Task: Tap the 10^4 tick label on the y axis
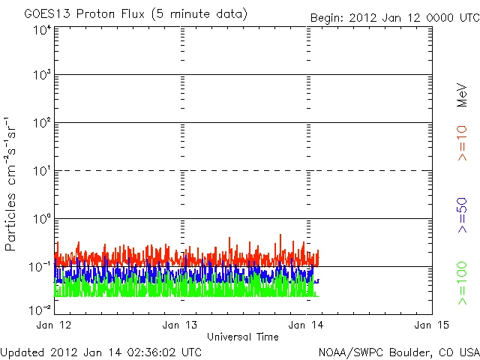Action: tap(41, 30)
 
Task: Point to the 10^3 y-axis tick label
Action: tap(41, 75)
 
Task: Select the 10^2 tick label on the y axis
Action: tap(41, 122)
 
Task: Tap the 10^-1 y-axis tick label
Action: tap(40, 266)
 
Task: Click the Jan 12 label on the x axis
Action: tap(53, 325)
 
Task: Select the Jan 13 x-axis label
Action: tap(181, 325)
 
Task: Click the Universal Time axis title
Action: tap(243, 337)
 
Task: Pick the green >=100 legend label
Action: tap(462, 283)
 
